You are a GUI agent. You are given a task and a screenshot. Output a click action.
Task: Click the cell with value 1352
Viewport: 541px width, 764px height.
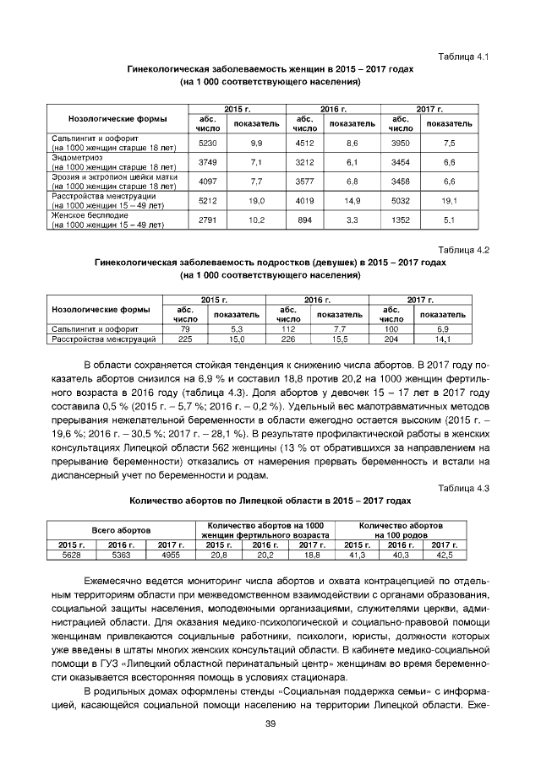(401, 220)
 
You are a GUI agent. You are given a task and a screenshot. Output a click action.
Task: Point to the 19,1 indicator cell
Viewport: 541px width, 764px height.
(450, 201)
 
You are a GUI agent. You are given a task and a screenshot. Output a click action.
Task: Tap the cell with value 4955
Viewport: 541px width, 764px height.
(172, 555)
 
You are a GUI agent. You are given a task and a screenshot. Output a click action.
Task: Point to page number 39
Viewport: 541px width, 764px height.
(270, 723)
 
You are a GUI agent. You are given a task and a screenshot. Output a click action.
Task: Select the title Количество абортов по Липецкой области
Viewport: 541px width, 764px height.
(270, 500)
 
